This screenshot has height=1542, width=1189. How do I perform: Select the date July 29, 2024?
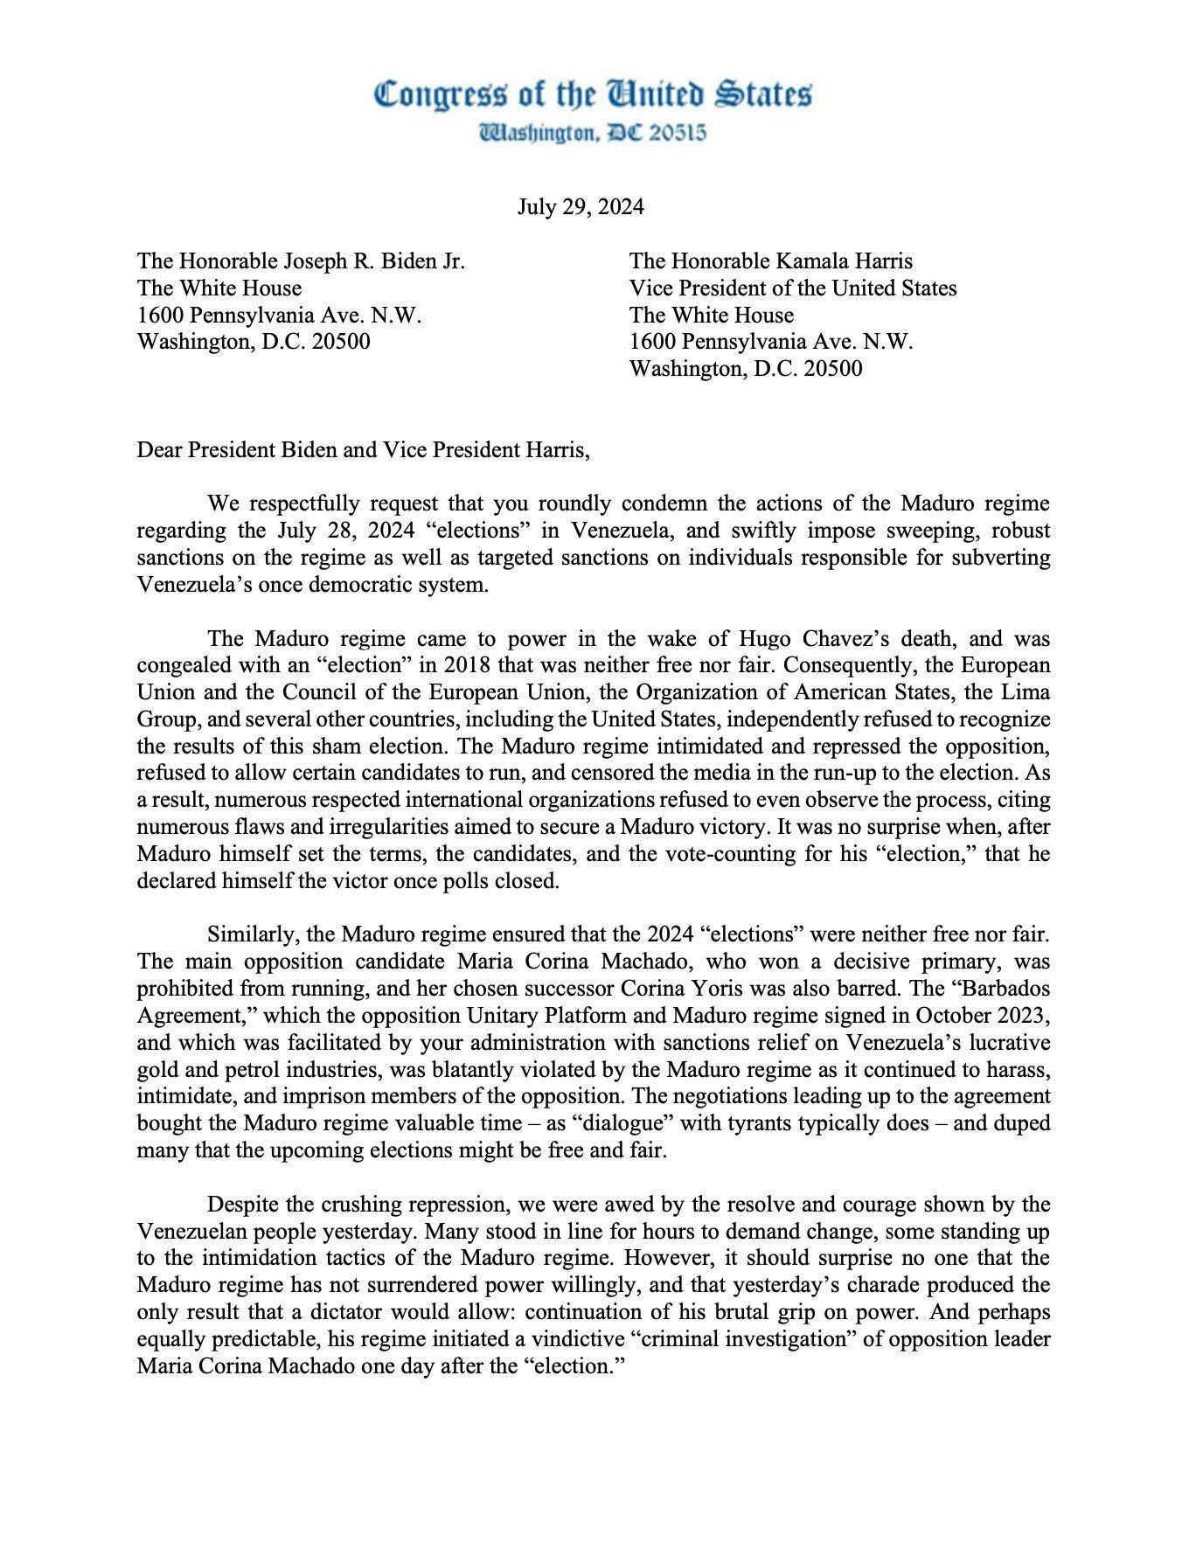pyautogui.click(x=581, y=207)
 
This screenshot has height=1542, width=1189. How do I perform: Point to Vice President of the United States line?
pyautogui.click(x=792, y=288)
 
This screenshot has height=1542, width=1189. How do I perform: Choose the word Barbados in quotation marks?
pyautogui.click(x=1006, y=989)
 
